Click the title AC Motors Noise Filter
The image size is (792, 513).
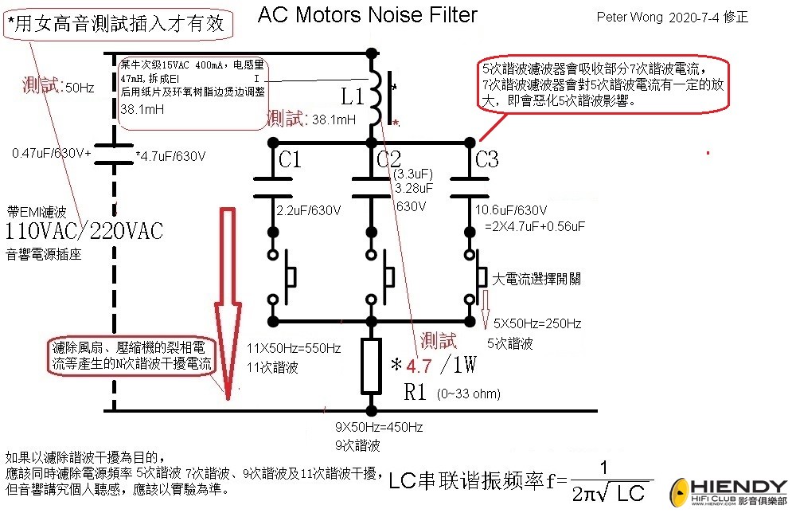point(368,14)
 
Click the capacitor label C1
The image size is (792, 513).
point(290,160)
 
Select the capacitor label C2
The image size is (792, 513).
point(388,160)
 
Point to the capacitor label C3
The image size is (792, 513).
point(486,160)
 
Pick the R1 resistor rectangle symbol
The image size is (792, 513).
point(371,367)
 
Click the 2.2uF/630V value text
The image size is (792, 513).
point(309,211)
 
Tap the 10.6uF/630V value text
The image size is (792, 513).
point(510,210)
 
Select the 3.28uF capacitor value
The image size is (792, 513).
point(414,189)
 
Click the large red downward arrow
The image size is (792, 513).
point(228,303)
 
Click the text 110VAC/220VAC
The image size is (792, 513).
point(84,232)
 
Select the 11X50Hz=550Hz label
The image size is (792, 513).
point(295,349)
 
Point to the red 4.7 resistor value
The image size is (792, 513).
point(419,367)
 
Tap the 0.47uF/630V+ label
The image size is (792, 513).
point(52,151)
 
